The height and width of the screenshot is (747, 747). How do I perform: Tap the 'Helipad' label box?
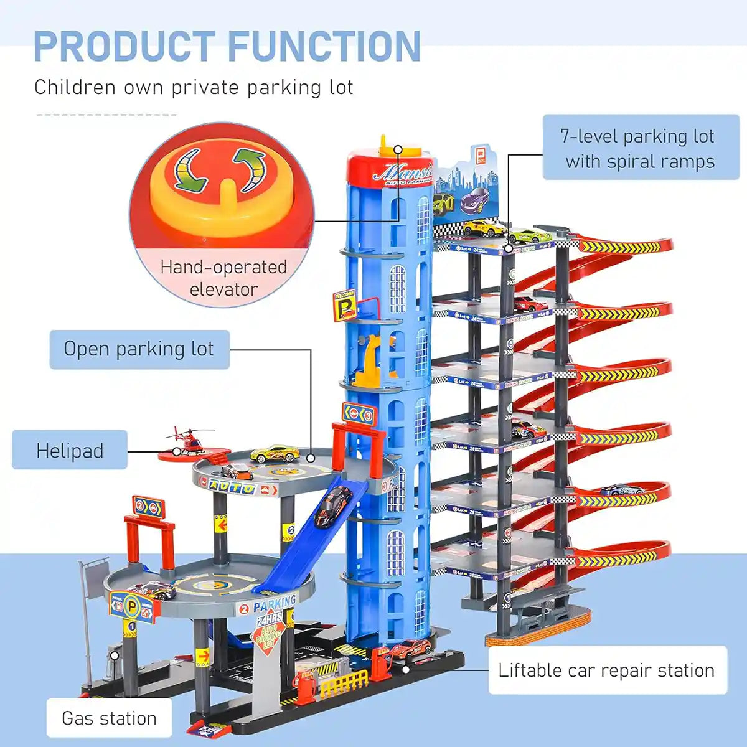click(x=70, y=450)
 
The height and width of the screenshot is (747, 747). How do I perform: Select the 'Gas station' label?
click(x=109, y=718)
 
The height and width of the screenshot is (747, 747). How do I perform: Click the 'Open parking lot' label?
click(x=139, y=349)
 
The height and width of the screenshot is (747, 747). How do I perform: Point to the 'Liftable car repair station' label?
click(x=607, y=670)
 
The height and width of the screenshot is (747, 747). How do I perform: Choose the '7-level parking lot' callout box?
click(x=641, y=148)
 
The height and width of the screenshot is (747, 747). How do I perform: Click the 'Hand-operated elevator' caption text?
click(x=223, y=278)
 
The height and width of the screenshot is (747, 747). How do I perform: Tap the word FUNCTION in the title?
click(x=324, y=47)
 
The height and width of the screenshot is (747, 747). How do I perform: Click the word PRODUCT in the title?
click(x=125, y=47)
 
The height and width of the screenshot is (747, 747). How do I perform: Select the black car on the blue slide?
click(x=333, y=505)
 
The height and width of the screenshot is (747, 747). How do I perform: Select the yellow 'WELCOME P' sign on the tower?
click(x=344, y=304)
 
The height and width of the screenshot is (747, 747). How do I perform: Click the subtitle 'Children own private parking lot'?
click(x=194, y=87)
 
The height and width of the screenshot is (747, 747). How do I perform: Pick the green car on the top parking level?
click(x=529, y=237)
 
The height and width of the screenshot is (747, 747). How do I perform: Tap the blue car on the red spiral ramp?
click(x=622, y=490)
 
